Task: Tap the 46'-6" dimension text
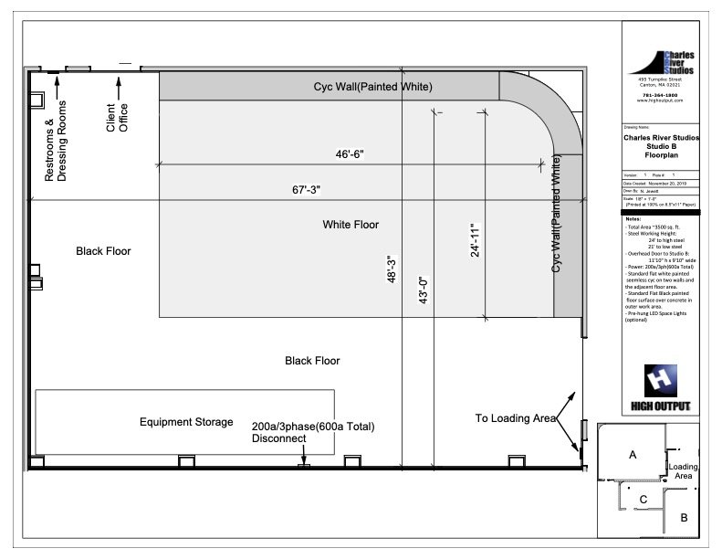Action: pos(350,154)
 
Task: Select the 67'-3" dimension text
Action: pos(306,189)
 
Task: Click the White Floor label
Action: pos(351,224)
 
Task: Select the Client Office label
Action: pos(117,116)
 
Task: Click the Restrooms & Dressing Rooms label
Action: pos(56,141)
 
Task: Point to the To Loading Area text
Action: pos(516,418)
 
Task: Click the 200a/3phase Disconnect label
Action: pos(313,432)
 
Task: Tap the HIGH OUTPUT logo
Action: pos(660,388)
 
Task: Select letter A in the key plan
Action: pos(632,454)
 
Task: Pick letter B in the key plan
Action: pos(683,518)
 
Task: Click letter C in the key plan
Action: pos(643,499)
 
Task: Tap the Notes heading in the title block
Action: pos(633,220)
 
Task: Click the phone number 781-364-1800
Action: pos(659,95)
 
